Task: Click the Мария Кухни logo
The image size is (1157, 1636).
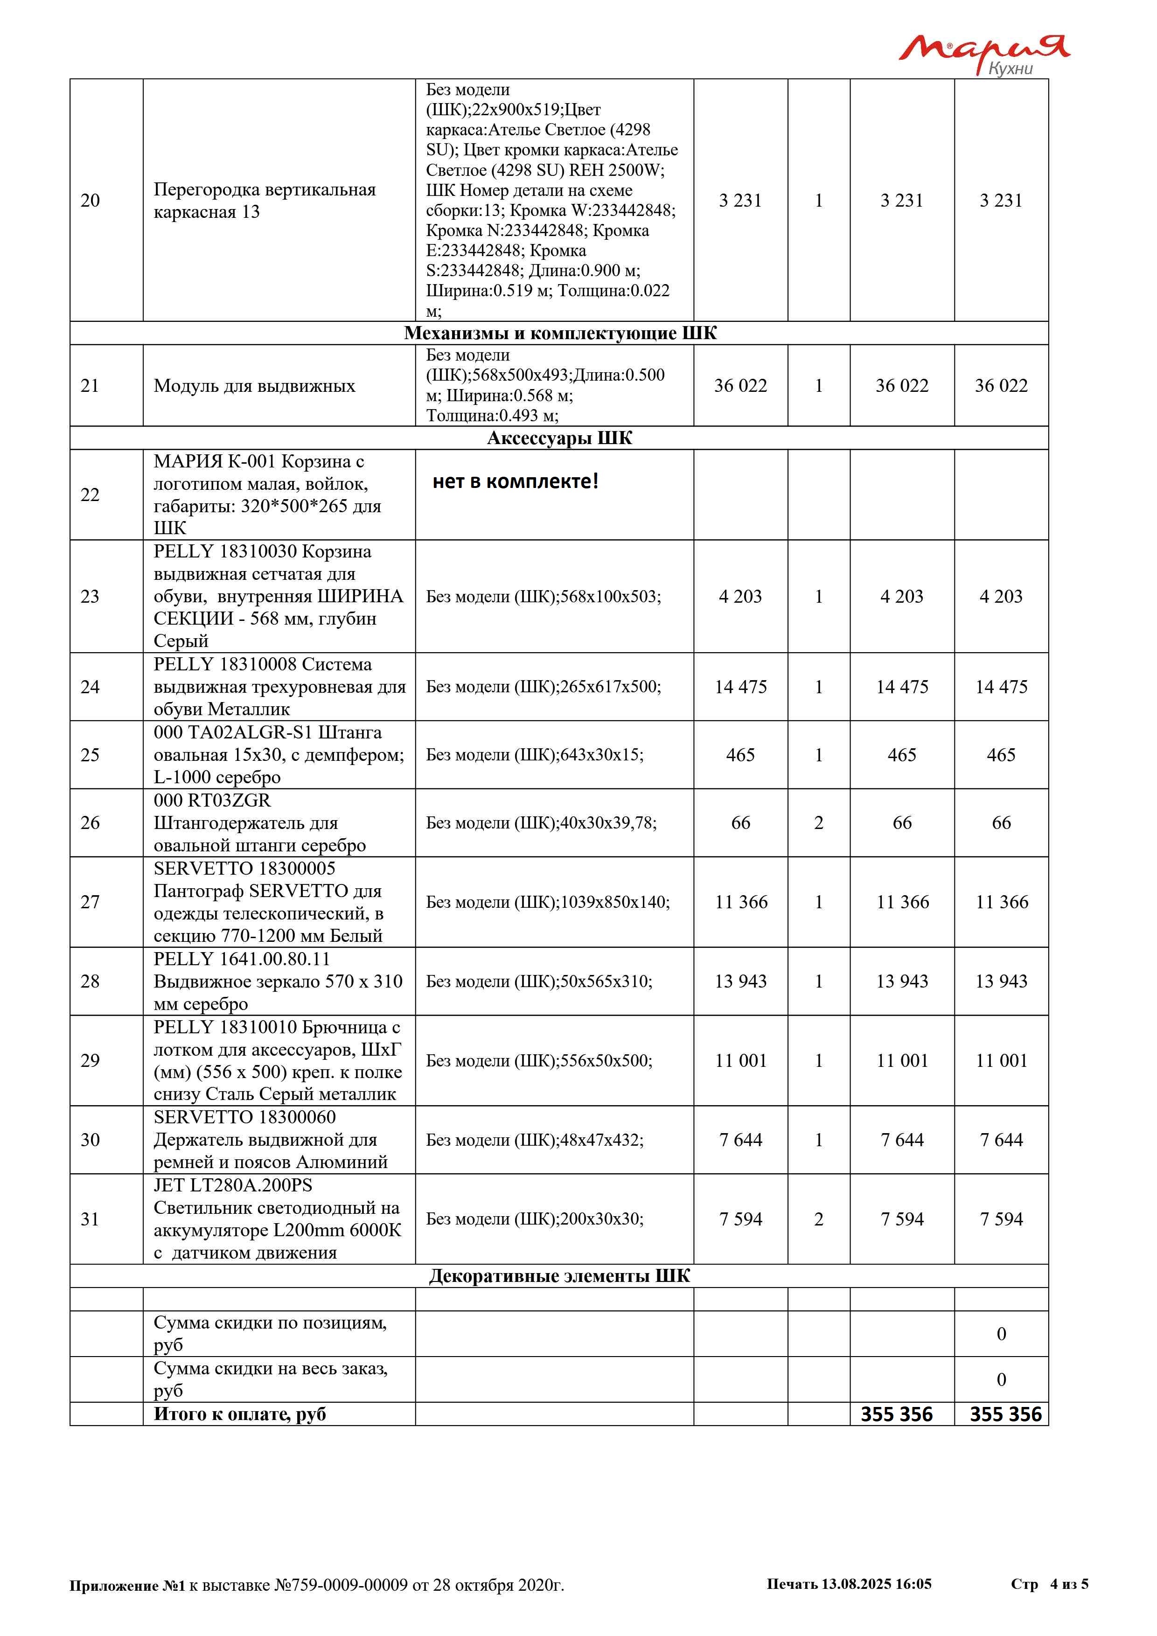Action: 983,54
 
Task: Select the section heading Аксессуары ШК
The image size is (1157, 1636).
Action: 559,438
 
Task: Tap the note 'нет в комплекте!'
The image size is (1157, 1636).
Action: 515,482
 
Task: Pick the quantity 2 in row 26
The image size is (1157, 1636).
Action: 819,823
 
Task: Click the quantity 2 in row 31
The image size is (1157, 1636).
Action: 819,1219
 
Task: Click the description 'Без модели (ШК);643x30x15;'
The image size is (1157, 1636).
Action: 534,755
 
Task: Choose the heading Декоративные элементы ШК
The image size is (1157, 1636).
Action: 559,1275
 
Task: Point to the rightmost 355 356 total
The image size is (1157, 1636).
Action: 1005,1414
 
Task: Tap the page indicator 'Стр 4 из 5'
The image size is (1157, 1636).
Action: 1049,1584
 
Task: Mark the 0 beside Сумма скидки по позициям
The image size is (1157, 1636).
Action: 1001,1334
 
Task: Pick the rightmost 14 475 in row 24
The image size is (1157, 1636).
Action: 1001,687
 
